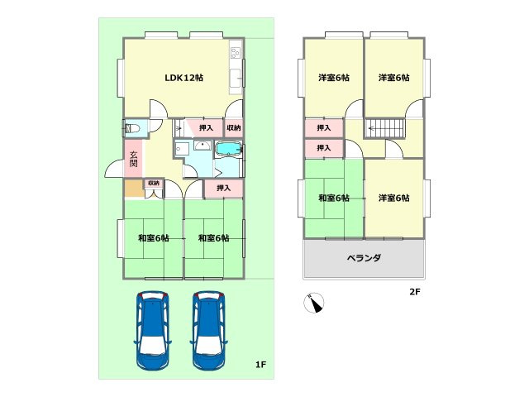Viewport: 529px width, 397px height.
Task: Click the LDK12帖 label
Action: click(x=183, y=78)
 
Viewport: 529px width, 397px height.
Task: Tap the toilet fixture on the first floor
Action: click(x=132, y=128)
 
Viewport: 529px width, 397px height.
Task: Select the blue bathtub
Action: click(x=228, y=149)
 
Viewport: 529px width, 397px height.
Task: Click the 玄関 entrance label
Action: click(x=133, y=156)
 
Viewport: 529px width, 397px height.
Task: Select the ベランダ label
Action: click(x=364, y=258)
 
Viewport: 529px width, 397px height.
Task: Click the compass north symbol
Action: click(x=314, y=304)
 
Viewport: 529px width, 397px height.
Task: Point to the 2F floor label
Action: click(x=414, y=292)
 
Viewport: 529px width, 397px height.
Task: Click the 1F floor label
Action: click(x=260, y=365)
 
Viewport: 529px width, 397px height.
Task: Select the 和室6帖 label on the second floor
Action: click(x=334, y=198)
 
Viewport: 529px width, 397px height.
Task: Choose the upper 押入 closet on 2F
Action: click(x=324, y=128)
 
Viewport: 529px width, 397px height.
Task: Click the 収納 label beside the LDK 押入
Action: click(x=234, y=128)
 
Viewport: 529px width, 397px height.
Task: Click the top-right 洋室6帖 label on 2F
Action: click(x=394, y=78)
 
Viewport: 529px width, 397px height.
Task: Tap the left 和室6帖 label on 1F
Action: click(x=154, y=238)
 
